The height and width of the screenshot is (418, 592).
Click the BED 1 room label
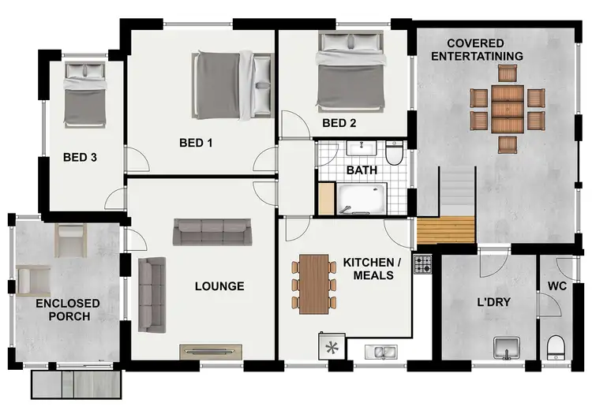click(197, 143)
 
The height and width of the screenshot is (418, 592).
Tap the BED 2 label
click(339, 123)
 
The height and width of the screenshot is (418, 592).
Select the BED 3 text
click(80, 157)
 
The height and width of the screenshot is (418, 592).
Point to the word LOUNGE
click(219, 286)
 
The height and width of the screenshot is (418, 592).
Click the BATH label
click(362, 170)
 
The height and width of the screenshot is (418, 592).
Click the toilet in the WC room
click(556, 345)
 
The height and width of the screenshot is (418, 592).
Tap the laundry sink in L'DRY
click(505, 346)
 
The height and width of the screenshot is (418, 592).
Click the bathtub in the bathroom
click(362, 199)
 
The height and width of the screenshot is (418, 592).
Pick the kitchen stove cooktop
click(423, 266)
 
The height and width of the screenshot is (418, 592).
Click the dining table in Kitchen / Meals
click(313, 284)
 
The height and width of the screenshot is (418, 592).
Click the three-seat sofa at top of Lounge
click(210, 231)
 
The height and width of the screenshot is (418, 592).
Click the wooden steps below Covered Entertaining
click(445, 231)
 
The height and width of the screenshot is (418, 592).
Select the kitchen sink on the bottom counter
click(379, 350)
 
